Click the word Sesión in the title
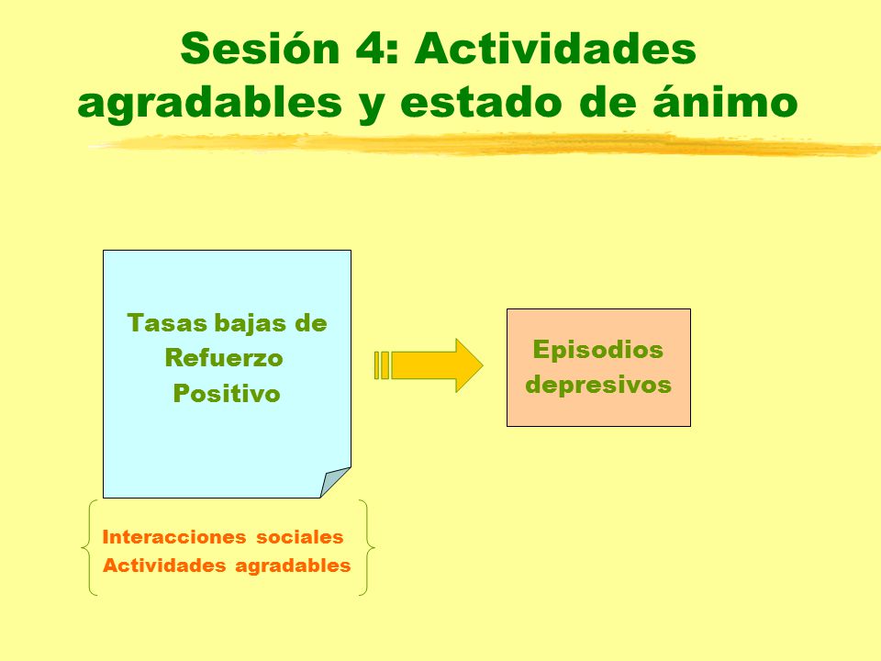260,49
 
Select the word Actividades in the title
556,49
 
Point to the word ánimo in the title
725,101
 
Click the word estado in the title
481,102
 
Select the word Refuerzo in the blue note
224,357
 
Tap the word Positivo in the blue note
227,393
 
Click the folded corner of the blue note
336,482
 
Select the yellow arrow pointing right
429,364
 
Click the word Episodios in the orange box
598,351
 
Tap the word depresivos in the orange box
598,385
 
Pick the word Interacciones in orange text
174,537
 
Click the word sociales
299,537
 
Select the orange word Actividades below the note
164,565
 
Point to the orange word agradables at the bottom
293,566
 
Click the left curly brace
89,547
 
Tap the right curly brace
367,547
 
